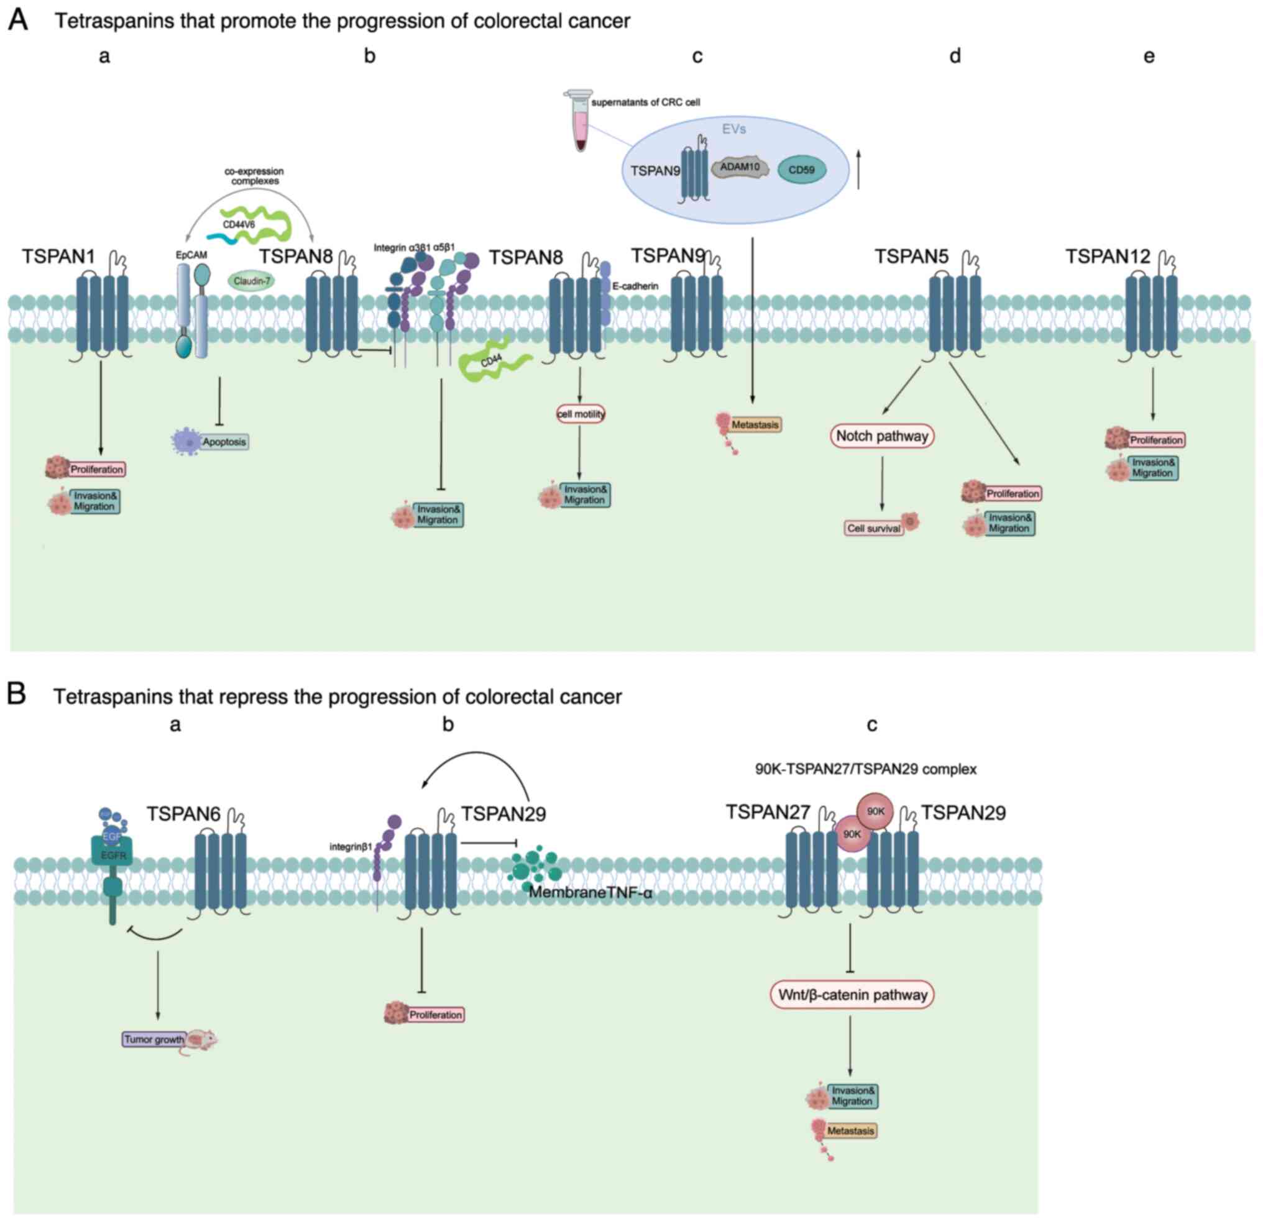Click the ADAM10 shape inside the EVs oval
coord(740,168)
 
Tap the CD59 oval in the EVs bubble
coord(802,171)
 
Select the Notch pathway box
coord(881,436)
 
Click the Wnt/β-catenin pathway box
coord(852,995)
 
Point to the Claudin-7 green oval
coord(250,281)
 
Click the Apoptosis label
coord(224,442)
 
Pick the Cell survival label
coord(874,528)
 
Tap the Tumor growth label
coord(154,1040)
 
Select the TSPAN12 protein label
coord(1107,257)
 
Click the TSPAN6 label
coord(183,814)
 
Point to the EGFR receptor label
coord(112,855)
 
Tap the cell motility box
coord(581,414)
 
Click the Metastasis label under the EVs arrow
coord(755,425)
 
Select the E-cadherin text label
coord(635,286)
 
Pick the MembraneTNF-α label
coord(590,893)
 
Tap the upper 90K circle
coord(875,811)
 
